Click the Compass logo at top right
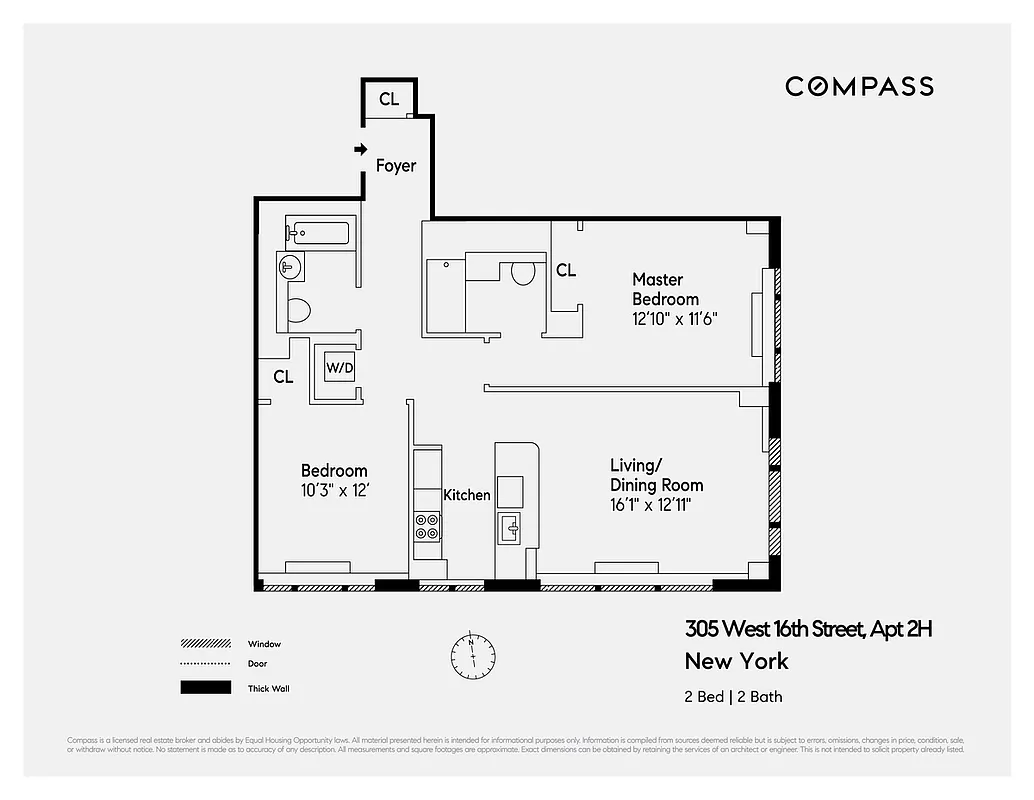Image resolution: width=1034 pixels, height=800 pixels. [859, 86]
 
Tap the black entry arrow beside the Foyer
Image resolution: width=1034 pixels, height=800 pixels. [360, 150]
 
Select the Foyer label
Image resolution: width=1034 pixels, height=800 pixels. [396, 166]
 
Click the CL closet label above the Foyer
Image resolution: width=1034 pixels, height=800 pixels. [389, 99]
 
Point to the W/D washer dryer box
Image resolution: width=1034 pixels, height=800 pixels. [339, 368]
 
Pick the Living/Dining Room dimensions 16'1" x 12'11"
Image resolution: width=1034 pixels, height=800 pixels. [651, 504]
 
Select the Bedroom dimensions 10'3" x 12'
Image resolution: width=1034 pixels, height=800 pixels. [334, 490]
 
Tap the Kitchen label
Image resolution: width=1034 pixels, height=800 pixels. [467, 495]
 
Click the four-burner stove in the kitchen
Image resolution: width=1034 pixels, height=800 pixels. [427, 526]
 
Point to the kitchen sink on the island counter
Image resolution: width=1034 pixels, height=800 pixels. [509, 527]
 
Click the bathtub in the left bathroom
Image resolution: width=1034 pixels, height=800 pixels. [317, 234]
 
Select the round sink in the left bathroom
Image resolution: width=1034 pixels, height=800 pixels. [289, 267]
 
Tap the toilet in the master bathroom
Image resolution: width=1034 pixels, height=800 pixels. [523, 273]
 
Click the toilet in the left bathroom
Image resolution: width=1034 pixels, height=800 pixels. [298, 309]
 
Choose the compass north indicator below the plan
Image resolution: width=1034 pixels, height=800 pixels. [472, 655]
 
